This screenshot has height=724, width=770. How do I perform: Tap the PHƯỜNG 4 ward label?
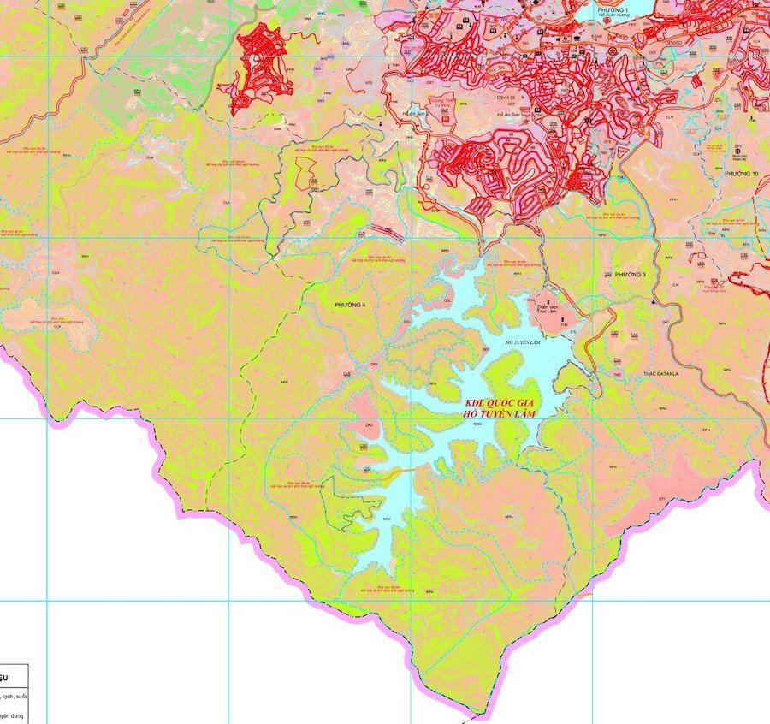350,306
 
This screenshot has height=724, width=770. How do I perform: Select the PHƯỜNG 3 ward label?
631,275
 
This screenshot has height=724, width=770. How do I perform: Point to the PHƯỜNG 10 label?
741,174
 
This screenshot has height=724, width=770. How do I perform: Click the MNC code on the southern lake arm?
387,519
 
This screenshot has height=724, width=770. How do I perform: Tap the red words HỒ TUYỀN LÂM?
502,414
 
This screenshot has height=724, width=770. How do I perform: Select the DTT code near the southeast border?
661,499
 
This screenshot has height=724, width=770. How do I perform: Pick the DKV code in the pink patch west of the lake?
370,425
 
